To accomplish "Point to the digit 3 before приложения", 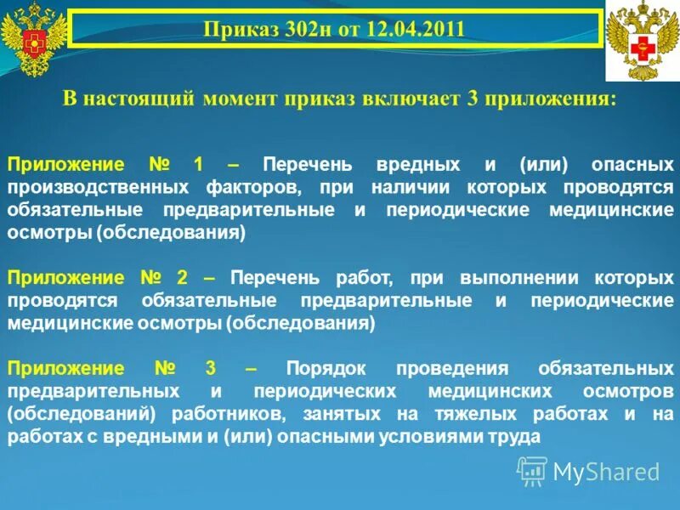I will pyautogui.click(x=472, y=99).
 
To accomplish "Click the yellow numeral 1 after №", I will pyautogui.click(x=197, y=164).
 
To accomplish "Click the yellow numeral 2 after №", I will pyautogui.click(x=182, y=277).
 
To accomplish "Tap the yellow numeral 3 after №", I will pyautogui.click(x=209, y=369).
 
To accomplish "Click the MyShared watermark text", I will pyautogui.click(x=606, y=471).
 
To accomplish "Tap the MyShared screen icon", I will pyautogui.click(x=533, y=470).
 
